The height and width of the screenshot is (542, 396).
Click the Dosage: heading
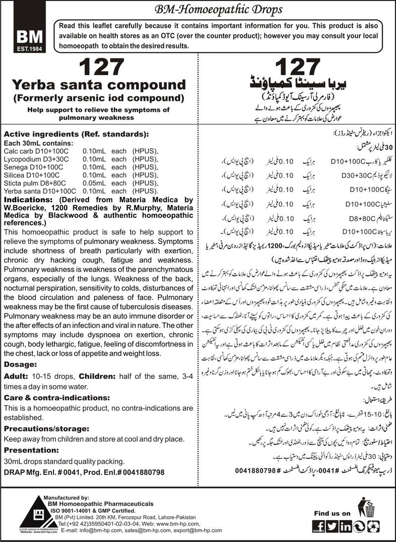(21, 363)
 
